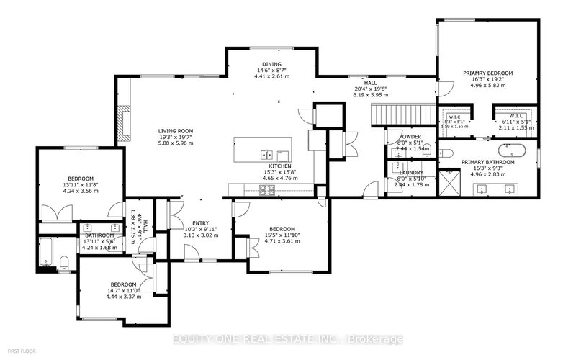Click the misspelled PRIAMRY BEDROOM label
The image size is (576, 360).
pyautogui.click(x=489, y=73)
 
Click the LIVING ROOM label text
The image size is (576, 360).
pyautogui.click(x=177, y=130)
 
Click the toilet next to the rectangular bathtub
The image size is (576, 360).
pyautogui.click(x=63, y=263)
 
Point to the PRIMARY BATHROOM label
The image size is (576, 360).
pyautogui.click(x=488, y=162)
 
